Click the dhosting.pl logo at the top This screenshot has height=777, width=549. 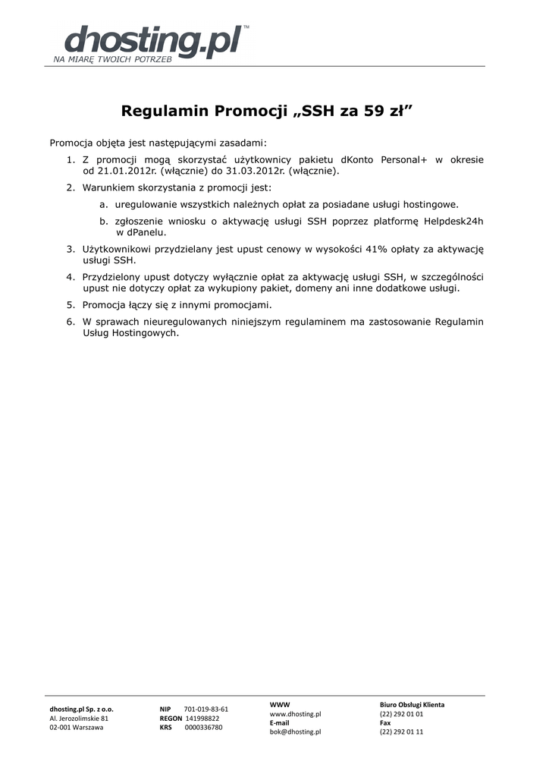pyautogui.click(x=152, y=42)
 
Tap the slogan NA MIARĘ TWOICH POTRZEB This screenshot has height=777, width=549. pyautogui.click(x=112, y=58)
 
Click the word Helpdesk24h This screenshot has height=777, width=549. pyautogui.click(x=453, y=221)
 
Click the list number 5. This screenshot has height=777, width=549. pyautogui.click(x=70, y=304)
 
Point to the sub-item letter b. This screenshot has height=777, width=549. pyautogui.click(x=102, y=221)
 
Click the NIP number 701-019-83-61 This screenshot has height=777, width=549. pyautogui.click(x=205, y=709)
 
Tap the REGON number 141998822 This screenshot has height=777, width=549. pyautogui.click(x=202, y=718)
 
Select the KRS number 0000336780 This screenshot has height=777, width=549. pyautogui.click(x=203, y=727)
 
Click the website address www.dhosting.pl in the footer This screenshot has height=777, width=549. pyautogui.click(x=295, y=714)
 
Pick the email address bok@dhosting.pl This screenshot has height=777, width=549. pyautogui.click(x=295, y=731)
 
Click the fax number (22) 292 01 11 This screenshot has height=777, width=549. pyautogui.click(x=401, y=731)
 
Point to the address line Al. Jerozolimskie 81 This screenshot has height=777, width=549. pyautogui.click(x=79, y=718)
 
